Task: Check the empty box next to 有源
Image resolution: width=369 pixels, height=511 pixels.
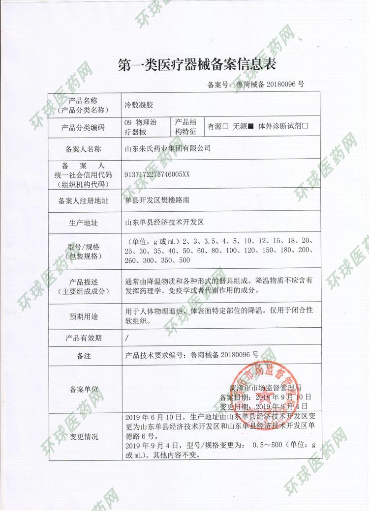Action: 225,126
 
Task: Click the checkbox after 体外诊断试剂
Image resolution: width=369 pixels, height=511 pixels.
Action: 305,126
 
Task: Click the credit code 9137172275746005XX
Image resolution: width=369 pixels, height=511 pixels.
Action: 157,174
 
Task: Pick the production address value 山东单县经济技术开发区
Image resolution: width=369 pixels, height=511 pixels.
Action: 164,223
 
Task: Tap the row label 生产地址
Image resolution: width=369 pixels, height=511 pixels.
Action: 82,223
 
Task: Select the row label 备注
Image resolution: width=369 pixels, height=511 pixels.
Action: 82,355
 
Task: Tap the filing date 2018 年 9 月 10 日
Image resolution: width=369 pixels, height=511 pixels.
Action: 280,397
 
